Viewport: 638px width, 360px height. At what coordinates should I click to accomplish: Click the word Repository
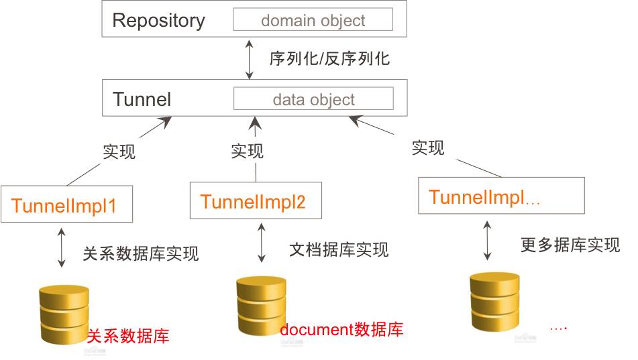tap(158, 20)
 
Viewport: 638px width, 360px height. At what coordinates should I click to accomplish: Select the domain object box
tap(313, 20)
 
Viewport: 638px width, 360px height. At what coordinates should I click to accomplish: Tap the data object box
tap(313, 100)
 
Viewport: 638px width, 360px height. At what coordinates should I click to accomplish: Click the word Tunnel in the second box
tap(142, 100)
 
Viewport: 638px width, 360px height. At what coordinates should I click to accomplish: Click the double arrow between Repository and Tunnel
tap(250, 59)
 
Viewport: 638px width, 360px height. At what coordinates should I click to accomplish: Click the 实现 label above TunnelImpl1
tap(119, 152)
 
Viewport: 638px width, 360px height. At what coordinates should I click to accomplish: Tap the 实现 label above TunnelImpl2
tap(247, 152)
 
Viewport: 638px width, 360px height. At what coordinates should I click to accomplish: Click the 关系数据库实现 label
tap(141, 253)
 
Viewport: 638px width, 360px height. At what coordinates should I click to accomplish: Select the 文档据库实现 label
tap(339, 250)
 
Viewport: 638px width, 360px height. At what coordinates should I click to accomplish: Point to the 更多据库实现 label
tap(570, 245)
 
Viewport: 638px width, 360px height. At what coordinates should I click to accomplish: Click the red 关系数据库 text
tap(128, 335)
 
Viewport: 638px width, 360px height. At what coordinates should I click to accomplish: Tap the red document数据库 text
tap(341, 329)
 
